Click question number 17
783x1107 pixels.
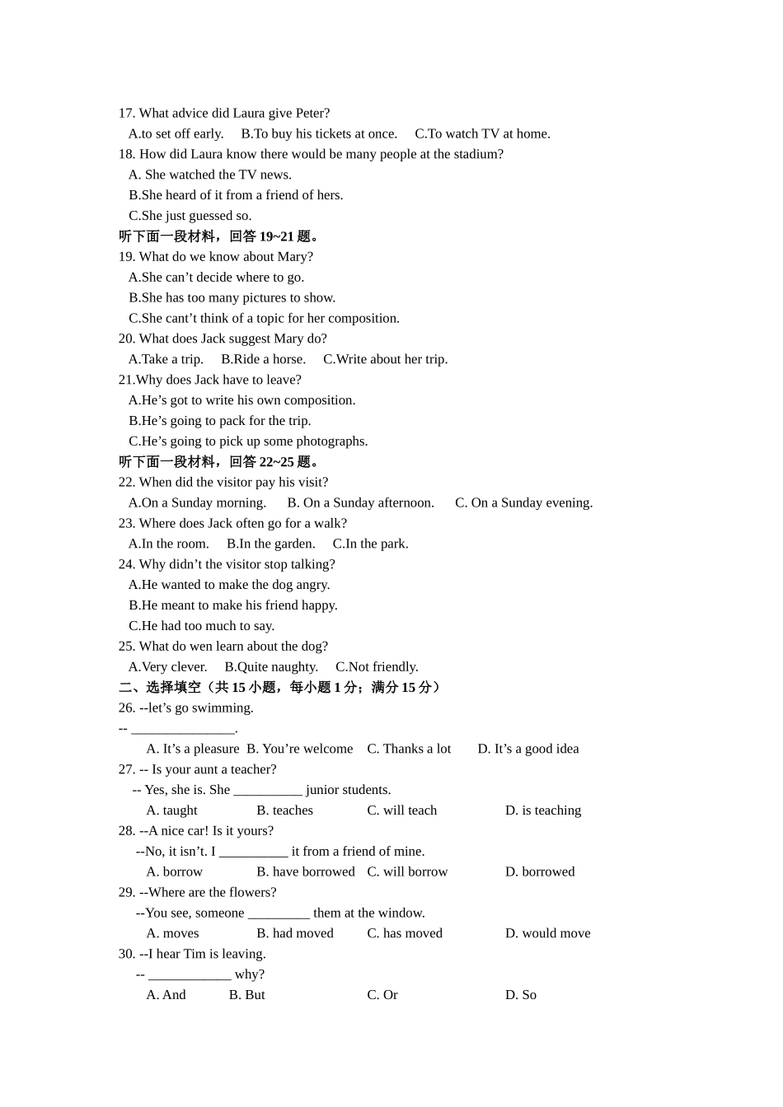(126, 114)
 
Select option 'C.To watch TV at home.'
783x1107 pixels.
(482, 134)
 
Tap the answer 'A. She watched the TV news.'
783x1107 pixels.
(210, 175)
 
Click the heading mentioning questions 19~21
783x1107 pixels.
(221, 236)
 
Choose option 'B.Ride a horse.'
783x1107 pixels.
(263, 359)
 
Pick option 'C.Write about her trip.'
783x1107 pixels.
(385, 359)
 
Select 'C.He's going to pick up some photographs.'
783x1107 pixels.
(248, 441)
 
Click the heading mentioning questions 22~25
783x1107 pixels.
(221, 462)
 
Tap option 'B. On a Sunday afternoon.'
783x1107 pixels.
(360, 503)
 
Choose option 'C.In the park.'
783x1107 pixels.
(370, 544)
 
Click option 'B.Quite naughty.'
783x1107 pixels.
(271, 667)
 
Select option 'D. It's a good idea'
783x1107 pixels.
(527, 749)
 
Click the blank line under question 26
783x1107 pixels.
(183, 729)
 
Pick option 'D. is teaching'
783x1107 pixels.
(542, 810)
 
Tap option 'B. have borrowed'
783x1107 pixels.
(305, 871)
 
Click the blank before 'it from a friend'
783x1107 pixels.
(253, 852)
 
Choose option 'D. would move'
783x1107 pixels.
(547, 933)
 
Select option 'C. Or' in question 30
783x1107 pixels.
(382, 995)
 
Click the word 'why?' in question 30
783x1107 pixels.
(250, 974)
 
